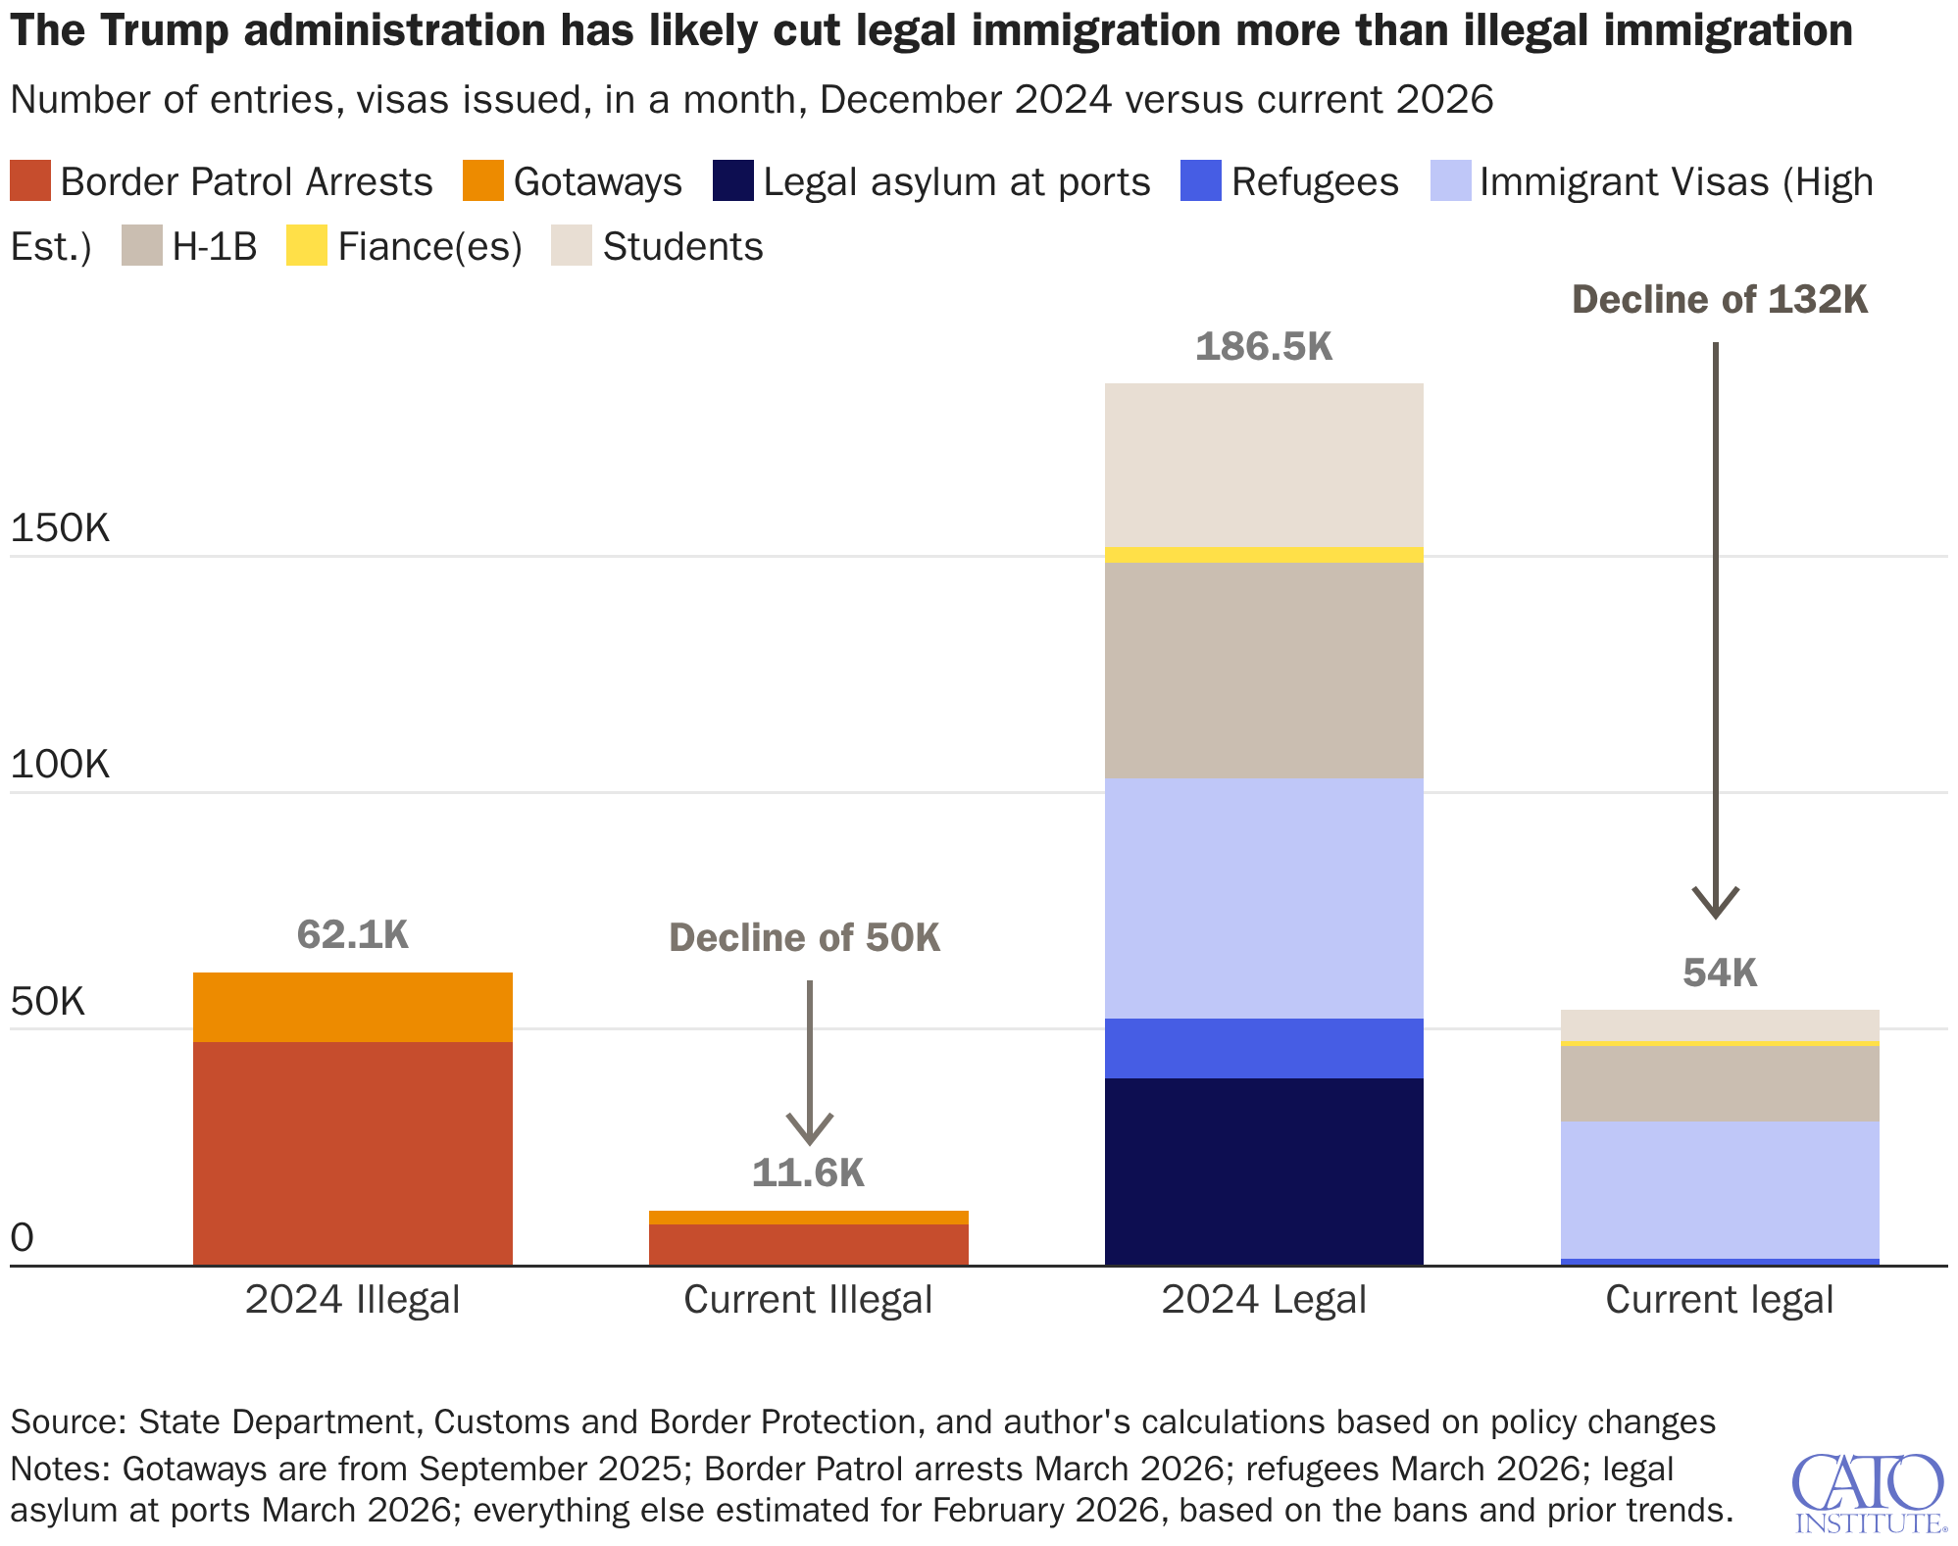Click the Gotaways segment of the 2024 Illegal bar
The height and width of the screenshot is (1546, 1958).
pos(352,1007)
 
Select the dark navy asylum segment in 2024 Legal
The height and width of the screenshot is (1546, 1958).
pos(1263,1171)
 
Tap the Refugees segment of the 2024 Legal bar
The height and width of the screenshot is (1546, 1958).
pos(1263,1048)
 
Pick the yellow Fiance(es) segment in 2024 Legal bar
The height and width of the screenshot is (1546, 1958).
pos(1263,555)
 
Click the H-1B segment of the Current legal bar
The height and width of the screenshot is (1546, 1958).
pos(1719,1083)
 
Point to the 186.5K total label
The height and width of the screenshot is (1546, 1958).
pos(1263,347)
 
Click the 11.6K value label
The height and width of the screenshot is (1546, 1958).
pos(808,1172)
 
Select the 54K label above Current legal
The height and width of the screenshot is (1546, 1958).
pos(1719,972)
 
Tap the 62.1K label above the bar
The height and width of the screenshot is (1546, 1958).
pos(352,935)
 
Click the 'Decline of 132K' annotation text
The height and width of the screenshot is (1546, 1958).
pos(1719,300)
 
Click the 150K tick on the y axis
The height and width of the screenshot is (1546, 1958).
pos(60,529)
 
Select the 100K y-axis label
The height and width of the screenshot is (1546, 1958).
pos(60,765)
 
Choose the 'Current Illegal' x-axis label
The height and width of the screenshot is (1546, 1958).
pos(808,1300)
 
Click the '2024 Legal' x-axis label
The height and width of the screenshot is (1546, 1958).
pos(1263,1300)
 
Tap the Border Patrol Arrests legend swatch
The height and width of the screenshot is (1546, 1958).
pos(29,181)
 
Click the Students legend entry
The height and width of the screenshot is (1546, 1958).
pos(681,246)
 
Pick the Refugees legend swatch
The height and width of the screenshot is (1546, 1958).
pos(1201,181)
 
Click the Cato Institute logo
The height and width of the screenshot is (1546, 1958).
pos(1868,1492)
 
